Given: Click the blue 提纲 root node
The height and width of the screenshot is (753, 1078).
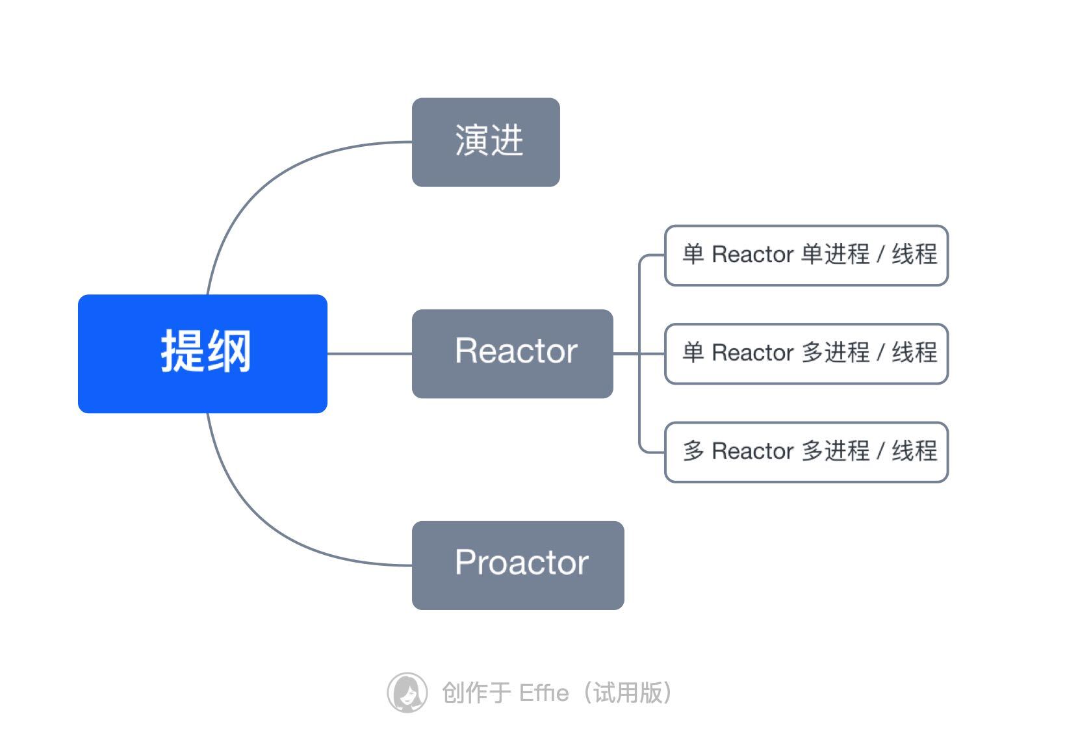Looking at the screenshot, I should [x=202, y=353].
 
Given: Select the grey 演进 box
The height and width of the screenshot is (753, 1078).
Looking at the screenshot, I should [x=485, y=142].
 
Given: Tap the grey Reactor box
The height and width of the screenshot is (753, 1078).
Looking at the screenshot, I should [x=512, y=353].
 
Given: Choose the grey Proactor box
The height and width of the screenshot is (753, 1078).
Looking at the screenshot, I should [x=518, y=565].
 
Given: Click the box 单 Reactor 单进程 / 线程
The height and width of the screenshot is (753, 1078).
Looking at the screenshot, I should [x=806, y=255].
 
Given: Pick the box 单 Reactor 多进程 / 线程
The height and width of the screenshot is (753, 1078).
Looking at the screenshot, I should [x=806, y=353].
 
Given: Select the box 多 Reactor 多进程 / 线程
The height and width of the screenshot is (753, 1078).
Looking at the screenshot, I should [x=806, y=452].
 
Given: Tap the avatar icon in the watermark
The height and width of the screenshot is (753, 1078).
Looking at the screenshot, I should [x=407, y=693].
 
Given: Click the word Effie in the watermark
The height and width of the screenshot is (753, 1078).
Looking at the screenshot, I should [x=544, y=693].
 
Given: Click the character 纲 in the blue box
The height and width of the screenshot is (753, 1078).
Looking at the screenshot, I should [x=229, y=351].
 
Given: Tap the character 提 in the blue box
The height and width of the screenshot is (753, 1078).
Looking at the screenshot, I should [x=183, y=351].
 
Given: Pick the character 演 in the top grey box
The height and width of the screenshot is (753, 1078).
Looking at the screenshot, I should [x=471, y=140].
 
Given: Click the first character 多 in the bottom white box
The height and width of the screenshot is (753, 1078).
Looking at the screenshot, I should [x=693, y=451].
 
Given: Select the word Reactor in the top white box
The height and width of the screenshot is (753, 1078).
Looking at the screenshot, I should [x=752, y=255].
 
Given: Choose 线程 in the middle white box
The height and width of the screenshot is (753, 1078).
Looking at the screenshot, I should [x=914, y=353].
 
